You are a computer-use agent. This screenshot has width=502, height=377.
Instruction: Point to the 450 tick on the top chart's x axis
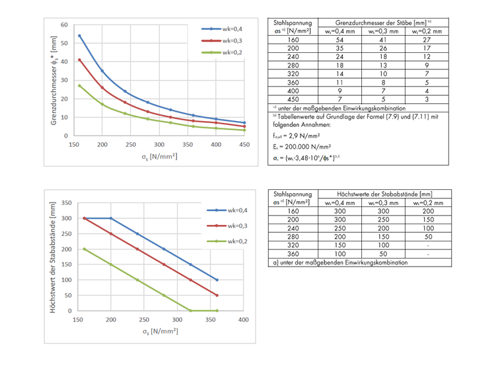(244, 145)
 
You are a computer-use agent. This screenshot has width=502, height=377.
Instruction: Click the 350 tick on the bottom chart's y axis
(67, 202)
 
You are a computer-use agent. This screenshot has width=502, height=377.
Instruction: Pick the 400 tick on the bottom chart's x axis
(243, 319)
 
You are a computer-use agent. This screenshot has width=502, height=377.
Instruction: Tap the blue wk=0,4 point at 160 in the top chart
(80, 36)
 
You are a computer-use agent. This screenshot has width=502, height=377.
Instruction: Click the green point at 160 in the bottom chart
(85, 249)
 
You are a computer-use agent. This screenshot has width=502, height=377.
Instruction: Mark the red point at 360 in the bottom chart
(217, 295)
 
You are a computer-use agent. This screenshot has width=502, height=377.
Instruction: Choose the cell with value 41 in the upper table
(382, 40)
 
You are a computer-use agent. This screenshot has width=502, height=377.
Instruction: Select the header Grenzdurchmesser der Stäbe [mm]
(383, 22)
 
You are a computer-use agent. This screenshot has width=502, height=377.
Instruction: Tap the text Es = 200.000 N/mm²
(301, 147)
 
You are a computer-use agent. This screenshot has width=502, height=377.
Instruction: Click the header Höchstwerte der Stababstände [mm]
(383, 193)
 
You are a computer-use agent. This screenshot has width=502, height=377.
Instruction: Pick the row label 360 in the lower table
(293, 253)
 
